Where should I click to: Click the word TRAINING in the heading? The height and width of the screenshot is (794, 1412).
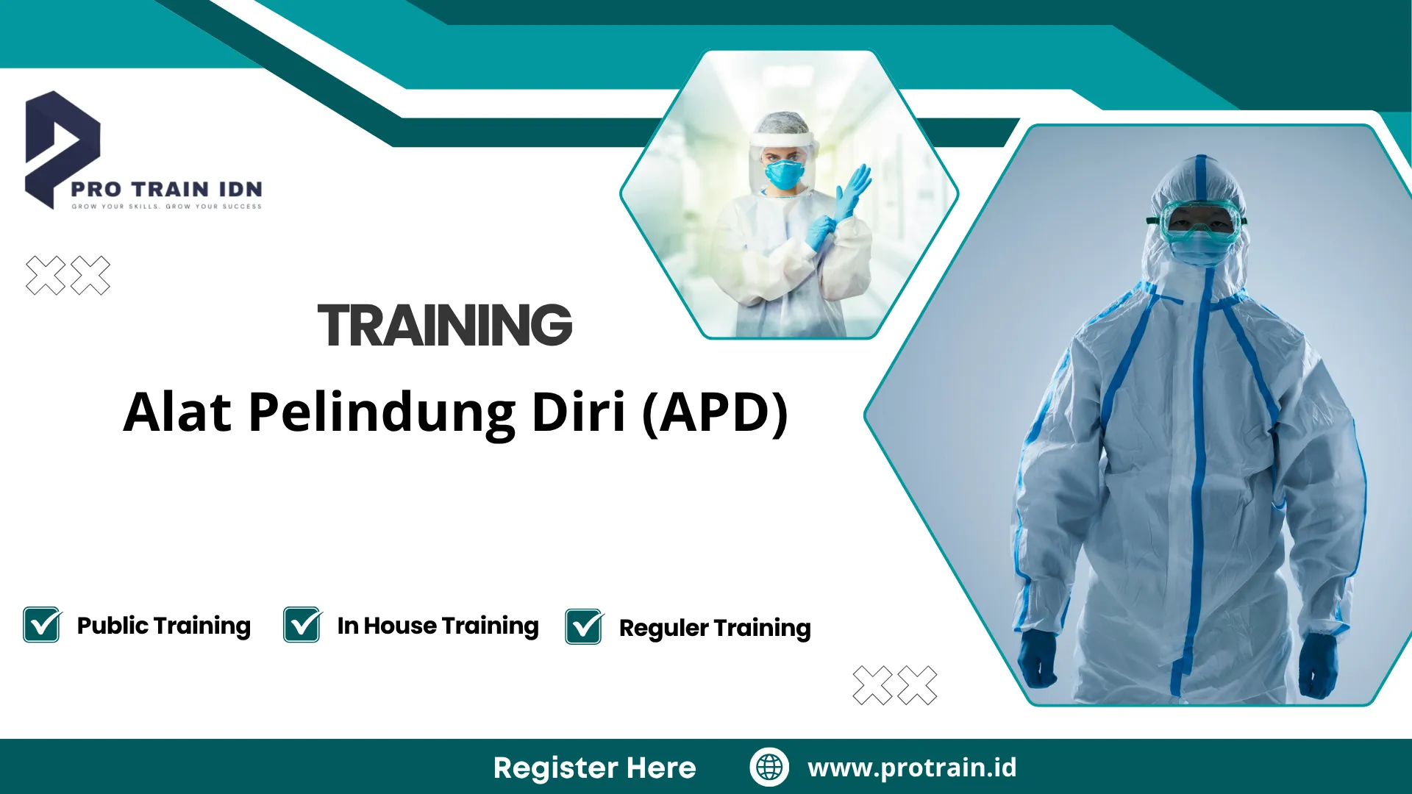pyautogui.click(x=445, y=325)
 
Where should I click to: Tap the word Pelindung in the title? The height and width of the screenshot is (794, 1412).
pyautogui.click(x=382, y=412)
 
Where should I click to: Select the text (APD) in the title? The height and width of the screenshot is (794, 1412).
pyautogui.click(x=715, y=412)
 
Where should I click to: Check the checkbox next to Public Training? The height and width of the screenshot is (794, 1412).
pyautogui.click(x=42, y=625)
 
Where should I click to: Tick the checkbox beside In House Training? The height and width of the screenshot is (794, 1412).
pyautogui.click(x=302, y=625)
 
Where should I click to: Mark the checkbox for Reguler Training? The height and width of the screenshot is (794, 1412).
pyautogui.click(x=584, y=626)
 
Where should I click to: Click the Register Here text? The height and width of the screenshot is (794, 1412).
pyautogui.click(x=594, y=768)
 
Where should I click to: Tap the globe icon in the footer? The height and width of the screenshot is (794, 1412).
pyautogui.click(x=769, y=767)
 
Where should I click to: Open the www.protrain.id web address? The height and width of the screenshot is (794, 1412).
pyautogui.click(x=912, y=767)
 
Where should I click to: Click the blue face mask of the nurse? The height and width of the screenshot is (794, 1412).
pyautogui.click(x=784, y=174)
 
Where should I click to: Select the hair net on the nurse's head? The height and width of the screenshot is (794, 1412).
pyautogui.click(x=781, y=125)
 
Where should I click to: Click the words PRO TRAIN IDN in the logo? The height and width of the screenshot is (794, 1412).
pyautogui.click(x=166, y=189)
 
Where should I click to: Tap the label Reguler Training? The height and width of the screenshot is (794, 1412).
pyautogui.click(x=715, y=628)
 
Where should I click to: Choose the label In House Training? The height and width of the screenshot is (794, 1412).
pyautogui.click(x=438, y=626)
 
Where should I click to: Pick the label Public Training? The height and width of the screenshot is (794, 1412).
pyautogui.click(x=163, y=626)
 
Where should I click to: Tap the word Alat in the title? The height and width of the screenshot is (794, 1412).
pyautogui.click(x=177, y=412)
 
